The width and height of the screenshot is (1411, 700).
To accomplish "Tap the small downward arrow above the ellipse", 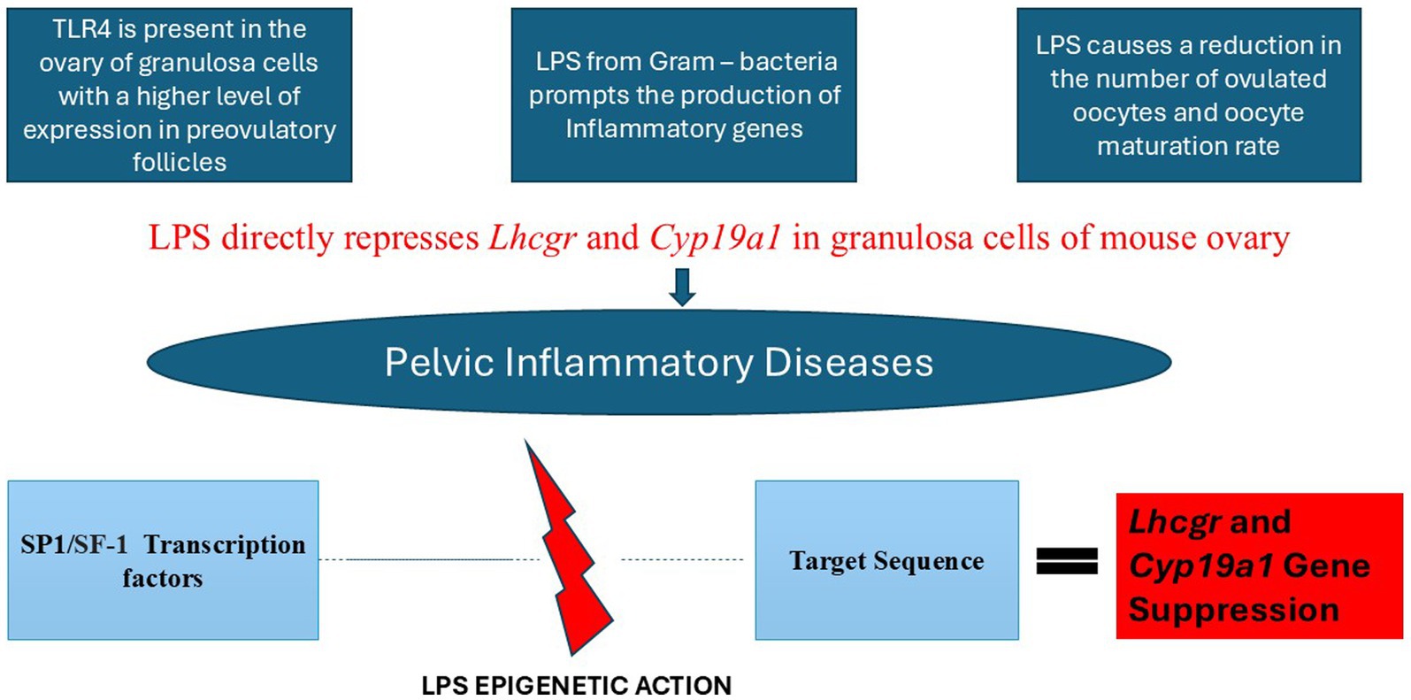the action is pyautogui.click(x=682, y=288).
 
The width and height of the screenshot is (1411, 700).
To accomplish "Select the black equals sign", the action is pyautogui.click(x=1067, y=561).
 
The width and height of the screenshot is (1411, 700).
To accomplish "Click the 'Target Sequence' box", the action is pyautogui.click(x=887, y=560).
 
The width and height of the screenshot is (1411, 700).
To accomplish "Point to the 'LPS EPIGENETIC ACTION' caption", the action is pyautogui.click(x=577, y=686).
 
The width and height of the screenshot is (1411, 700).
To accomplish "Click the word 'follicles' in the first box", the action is pyautogui.click(x=180, y=163).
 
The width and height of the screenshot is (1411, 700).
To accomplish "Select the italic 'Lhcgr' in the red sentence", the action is pyautogui.click(x=533, y=238).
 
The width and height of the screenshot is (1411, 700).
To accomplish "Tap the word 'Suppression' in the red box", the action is pyautogui.click(x=1233, y=610).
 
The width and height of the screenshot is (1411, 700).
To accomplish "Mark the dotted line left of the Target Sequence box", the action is pyautogui.click(x=682, y=559).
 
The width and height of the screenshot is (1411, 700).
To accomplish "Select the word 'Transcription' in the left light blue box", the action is pyautogui.click(x=225, y=545).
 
